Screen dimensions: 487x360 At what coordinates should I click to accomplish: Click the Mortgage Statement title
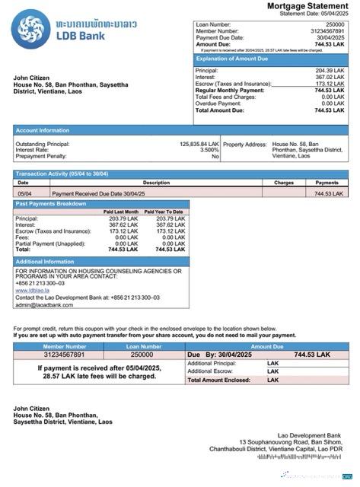coord(307,6)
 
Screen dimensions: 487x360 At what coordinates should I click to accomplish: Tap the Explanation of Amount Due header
coord(232,58)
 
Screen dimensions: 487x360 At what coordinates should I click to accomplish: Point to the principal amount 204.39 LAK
coord(330,71)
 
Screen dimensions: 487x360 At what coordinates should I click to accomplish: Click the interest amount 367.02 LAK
coord(330,77)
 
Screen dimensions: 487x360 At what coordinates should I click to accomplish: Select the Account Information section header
coord(38,130)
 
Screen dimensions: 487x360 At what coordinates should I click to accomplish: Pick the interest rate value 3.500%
coord(209,150)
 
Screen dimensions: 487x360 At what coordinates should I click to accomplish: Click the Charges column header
coord(284,183)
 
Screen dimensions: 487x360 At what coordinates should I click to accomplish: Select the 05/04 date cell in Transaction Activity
coord(24,194)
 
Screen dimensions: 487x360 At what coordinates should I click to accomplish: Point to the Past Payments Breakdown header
coord(51,204)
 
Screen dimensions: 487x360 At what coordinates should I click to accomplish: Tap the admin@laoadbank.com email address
coord(44,304)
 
